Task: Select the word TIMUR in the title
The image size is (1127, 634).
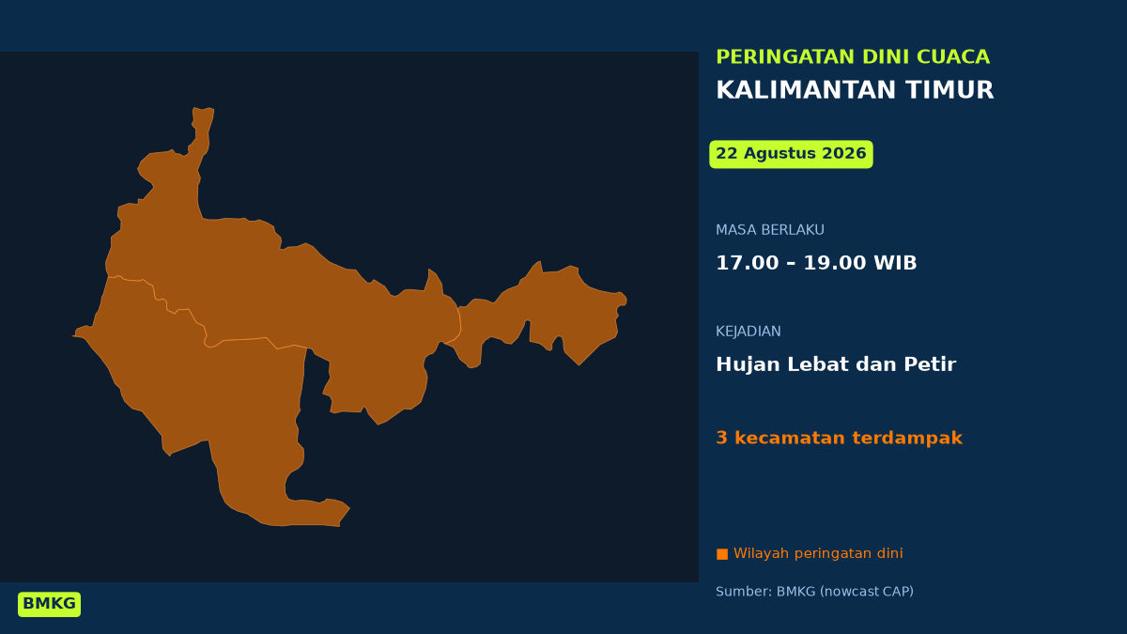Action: click(949, 90)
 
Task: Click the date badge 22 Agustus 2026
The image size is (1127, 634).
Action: click(791, 154)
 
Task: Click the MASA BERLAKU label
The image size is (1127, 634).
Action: click(770, 230)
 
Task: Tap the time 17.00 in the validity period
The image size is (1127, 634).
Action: click(748, 263)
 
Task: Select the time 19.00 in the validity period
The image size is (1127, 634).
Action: click(835, 263)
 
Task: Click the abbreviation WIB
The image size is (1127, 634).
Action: click(895, 263)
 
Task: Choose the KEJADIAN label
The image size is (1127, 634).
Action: click(749, 331)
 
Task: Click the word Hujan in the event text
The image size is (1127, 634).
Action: click(748, 364)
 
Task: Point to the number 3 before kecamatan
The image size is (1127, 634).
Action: click(721, 438)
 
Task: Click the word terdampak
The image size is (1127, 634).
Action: click(907, 438)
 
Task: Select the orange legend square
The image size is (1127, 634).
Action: click(722, 554)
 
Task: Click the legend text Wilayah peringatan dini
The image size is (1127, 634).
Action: click(818, 553)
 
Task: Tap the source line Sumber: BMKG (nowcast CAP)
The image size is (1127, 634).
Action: click(814, 592)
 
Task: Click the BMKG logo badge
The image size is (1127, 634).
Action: click(49, 604)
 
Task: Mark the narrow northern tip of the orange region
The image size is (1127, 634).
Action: click(203, 109)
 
